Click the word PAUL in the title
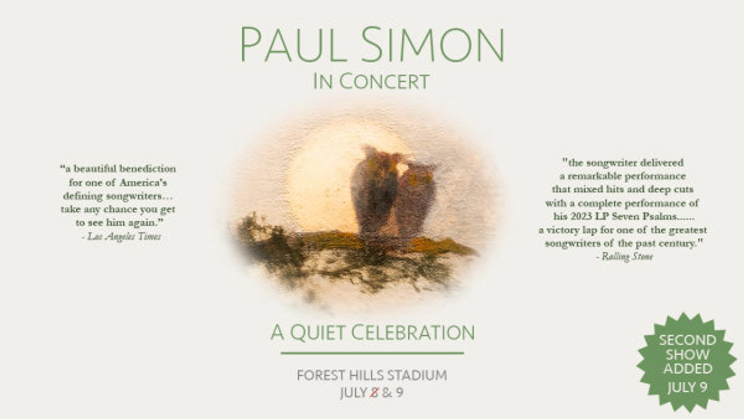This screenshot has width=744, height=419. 293,45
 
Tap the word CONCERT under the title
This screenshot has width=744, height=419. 384,81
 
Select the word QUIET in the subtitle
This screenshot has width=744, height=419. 318,333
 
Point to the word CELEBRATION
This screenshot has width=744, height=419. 413,333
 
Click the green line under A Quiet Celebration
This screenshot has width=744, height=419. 372,353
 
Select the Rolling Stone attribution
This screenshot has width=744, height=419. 627,256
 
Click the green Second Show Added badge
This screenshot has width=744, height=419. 687,362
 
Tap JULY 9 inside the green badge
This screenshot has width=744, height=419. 687,387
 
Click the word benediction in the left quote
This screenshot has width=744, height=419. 148,168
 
